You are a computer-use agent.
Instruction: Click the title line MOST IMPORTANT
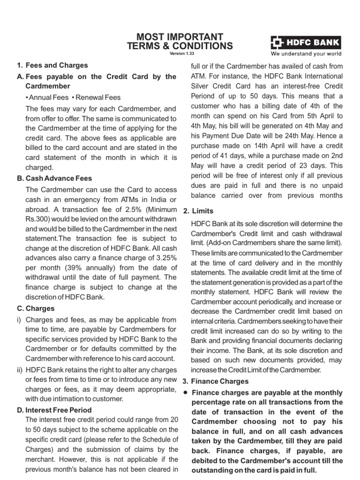point(180,37)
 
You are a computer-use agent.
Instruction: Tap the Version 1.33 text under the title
point(180,54)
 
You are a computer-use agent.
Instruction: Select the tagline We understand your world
point(306,54)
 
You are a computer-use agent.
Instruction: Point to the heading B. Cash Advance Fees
point(54,178)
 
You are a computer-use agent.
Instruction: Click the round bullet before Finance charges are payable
point(186,392)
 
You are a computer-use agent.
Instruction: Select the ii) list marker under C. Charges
point(20,369)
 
